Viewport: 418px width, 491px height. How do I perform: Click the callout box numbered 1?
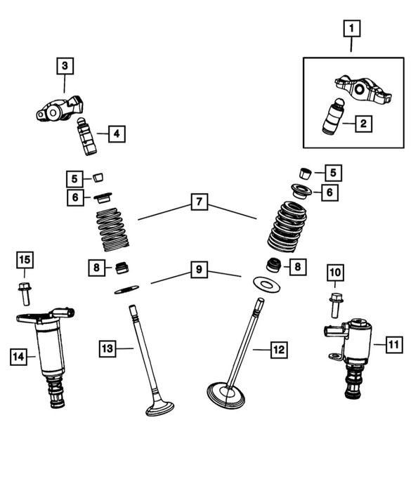[x=352, y=29]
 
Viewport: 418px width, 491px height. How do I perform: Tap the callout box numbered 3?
[x=65, y=66]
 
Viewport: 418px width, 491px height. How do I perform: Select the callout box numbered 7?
[x=200, y=202]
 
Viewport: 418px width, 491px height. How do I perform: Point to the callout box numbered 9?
[x=199, y=269]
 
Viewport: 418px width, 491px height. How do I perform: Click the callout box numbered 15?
[x=25, y=260]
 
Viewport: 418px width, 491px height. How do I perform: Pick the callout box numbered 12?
[x=279, y=350]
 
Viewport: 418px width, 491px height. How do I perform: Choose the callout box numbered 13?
[x=107, y=348]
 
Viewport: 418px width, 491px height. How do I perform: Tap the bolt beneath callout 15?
[x=24, y=294]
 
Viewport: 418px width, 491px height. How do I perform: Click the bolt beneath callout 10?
[x=336, y=306]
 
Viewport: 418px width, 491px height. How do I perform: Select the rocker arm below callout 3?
[x=60, y=107]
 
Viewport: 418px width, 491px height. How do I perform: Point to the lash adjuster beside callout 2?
[x=334, y=116]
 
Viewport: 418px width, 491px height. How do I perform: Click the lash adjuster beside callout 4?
[x=86, y=136]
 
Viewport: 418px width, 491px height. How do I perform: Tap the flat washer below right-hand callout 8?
[x=266, y=284]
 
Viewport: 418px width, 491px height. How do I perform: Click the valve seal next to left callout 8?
[x=122, y=268]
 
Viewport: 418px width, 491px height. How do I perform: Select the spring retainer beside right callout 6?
[x=301, y=190]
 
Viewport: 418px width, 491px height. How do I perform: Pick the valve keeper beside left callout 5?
[x=98, y=177]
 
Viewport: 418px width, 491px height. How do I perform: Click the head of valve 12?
[x=226, y=395]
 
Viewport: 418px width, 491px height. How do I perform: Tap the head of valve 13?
[x=160, y=408]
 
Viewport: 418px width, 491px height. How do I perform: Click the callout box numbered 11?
[x=394, y=345]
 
